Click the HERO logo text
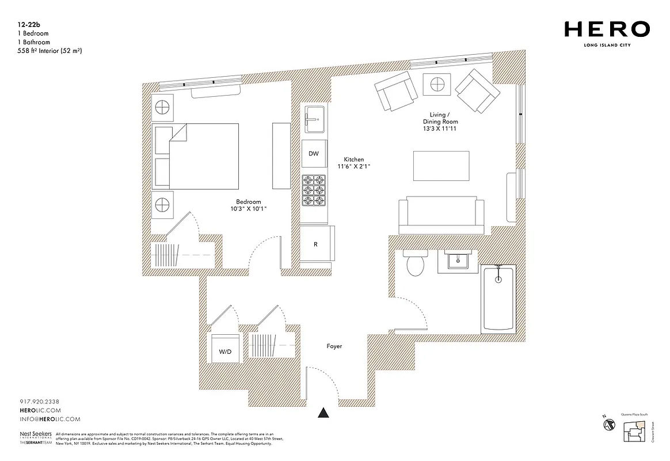click(x=607, y=29)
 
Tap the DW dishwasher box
click(x=314, y=154)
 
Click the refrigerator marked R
click(x=316, y=244)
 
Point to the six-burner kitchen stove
click(x=314, y=190)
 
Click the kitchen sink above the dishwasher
click(x=314, y=119)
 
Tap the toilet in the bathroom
click(x=414, y=263)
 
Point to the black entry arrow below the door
click(x=324, y=412)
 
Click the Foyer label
click(x=334, y=346)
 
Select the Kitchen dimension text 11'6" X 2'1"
click(x=353, y=167)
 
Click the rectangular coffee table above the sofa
click(x=441, y=165)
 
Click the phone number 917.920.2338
click(x=36, y=401)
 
